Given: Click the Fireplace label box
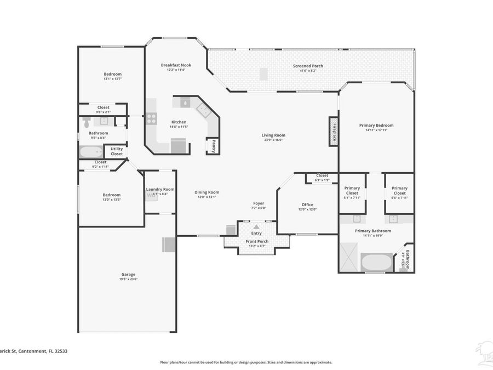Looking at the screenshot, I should click(332, 132).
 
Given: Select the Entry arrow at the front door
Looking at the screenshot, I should click(256, 226).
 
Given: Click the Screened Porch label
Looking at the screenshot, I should click(308, 66).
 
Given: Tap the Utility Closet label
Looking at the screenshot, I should click(117, 151).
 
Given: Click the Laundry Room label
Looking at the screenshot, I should click(160, 189).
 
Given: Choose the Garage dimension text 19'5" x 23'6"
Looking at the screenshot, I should click(128, 279).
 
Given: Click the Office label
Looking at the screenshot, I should click(307, 204).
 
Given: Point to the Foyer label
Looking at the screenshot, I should click(258, 203).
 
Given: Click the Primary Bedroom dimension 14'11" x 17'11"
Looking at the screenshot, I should click(376, 130).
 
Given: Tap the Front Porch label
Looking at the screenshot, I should click(256, 241).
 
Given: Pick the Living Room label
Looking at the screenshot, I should click(273, 135).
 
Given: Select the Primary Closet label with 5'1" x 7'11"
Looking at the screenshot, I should click(352, 188).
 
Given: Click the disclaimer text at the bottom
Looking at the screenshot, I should click(246, 362).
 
